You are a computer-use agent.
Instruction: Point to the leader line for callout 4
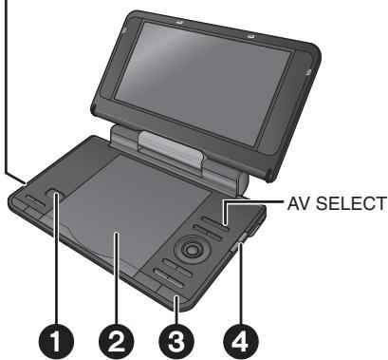[244, 285]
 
